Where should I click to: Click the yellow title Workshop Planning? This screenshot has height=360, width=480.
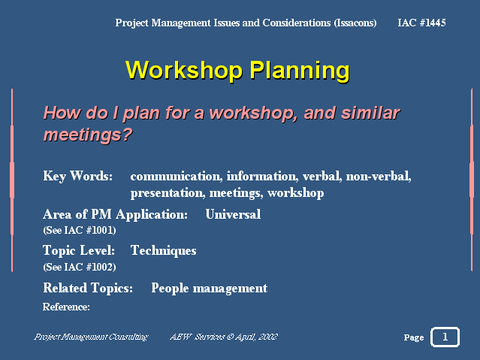point(237,71)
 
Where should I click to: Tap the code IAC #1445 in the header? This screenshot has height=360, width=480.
point(421,23)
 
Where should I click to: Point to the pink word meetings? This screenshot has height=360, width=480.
point(88,135)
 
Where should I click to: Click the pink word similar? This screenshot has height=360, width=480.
point(371,113)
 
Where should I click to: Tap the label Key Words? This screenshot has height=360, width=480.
point(78,176)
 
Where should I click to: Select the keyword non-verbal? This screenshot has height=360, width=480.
point(379,176)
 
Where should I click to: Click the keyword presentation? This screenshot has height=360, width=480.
point(168,193)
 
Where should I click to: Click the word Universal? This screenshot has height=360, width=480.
point(233,214)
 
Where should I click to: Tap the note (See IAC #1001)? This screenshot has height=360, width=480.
point(80,230)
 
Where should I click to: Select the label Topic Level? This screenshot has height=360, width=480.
point(79,250)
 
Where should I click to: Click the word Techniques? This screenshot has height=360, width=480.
point(164,250)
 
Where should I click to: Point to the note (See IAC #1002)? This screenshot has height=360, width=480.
point(80,267)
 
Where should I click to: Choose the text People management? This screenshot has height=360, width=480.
point(210,289)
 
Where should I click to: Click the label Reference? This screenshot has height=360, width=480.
point(66,307)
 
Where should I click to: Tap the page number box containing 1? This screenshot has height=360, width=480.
point(445,337)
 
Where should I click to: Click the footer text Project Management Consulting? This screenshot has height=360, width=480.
point(91,337)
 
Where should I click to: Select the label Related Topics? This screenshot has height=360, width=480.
point(88,289)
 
